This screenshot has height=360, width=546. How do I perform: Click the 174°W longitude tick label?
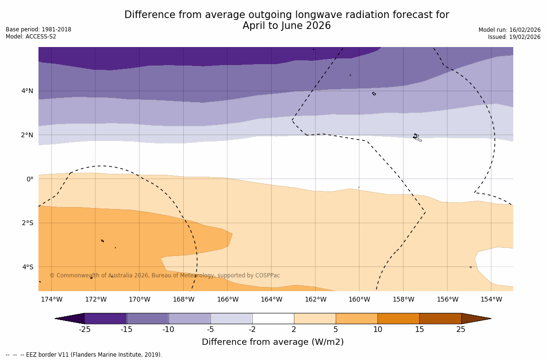(51, 299)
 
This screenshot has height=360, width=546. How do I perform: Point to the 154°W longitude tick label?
(491, 299)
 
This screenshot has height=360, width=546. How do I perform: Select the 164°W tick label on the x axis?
(271, 299)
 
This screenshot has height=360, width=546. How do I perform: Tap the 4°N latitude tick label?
(28, 91)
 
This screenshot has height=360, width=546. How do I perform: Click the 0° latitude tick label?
(30, 179)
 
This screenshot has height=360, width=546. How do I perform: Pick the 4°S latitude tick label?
(28, 267)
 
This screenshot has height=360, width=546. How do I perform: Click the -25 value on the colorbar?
(85, 330)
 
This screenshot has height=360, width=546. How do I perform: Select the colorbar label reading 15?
(419, 330)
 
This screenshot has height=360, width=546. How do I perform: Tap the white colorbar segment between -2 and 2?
(273, 319)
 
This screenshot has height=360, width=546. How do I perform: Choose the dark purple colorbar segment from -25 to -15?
(105, 319)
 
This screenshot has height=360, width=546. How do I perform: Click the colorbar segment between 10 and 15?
(398, 319)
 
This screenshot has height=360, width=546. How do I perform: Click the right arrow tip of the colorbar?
(490, 319)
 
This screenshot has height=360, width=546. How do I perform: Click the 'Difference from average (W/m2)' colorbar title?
(273, 342)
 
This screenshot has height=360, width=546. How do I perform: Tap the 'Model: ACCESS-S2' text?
(31, 37)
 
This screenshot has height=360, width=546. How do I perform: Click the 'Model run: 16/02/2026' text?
(509, 30)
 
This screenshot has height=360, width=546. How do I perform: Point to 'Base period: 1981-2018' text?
(38, 29)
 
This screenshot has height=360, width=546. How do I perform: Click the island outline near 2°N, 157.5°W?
(416, 137)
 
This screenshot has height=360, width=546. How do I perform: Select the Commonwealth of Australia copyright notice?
(164, 275)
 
